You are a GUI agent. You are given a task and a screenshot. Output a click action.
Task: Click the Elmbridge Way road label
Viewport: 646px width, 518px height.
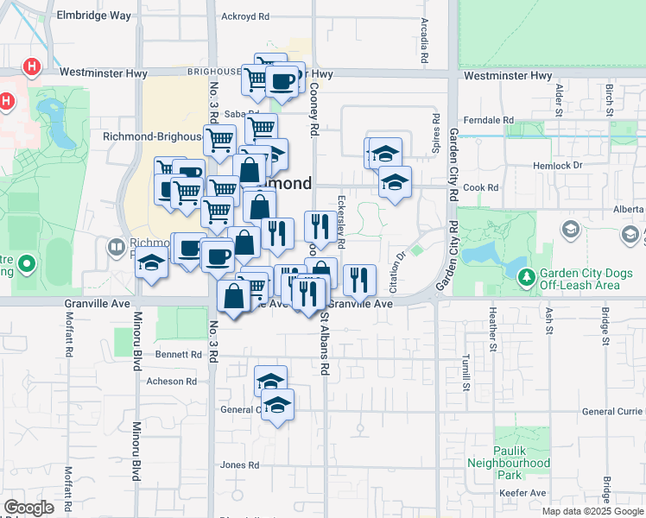click(92, 16)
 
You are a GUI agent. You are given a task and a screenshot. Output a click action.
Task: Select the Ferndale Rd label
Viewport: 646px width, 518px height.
click(489, 120)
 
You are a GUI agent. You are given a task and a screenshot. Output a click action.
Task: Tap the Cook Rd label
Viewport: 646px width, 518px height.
click(481, 187)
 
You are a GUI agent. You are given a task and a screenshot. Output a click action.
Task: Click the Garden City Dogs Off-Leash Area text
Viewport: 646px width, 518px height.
click(592, 279)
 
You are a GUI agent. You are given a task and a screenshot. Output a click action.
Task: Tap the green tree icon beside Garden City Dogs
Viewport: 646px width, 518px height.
click(526, 277)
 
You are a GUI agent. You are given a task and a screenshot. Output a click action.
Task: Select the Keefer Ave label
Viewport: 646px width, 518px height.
click(526, 493)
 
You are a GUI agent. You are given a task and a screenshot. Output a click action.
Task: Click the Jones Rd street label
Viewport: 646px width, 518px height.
click(239, 464)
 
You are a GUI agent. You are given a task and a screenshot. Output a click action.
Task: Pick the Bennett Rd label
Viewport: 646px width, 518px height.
click(178, 354)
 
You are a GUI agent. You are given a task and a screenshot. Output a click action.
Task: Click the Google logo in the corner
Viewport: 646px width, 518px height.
click(28, 508)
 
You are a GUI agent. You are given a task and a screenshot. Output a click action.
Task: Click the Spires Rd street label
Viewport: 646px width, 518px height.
click(436, 129)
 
